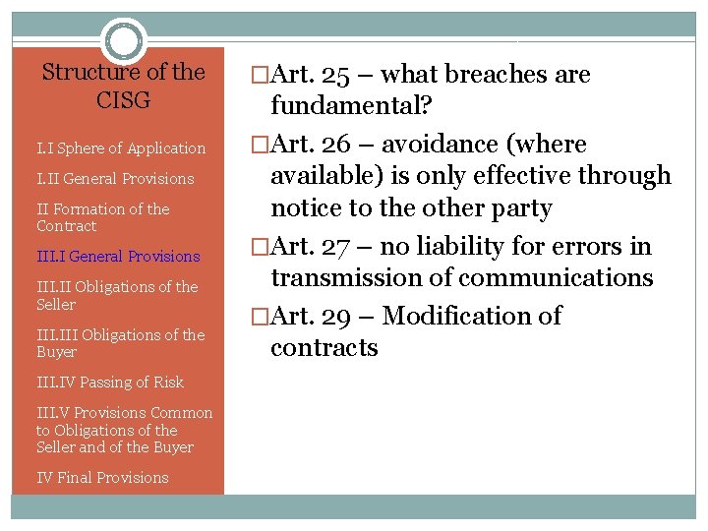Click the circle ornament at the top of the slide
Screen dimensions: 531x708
[124, 41]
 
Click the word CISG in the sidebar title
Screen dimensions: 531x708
[124, 101]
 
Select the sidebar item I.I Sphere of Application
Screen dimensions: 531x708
[121, 148]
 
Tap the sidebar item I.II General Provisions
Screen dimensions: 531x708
[115, 179]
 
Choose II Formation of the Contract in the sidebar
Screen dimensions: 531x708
[102, 217]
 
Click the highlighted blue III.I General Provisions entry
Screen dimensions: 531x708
[118, 257]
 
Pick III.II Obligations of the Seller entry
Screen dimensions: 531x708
[117, 295]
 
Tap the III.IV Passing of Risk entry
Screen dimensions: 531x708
[110, 383]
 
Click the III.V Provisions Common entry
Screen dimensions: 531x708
[124, 413]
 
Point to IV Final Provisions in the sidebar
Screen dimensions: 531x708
[102, 478]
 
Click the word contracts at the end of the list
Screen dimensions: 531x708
[324, 348]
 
